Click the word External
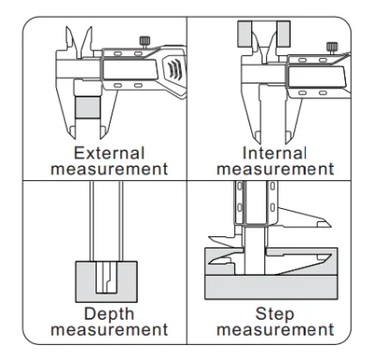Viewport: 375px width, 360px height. tap(109, 153)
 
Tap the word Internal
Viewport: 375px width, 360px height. tap(274, 153)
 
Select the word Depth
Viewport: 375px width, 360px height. tap(109, 314)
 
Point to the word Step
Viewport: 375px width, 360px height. tap(275, 314)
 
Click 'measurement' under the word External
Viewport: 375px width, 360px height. tap(110, 169)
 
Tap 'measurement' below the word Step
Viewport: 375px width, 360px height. tap(276, 330)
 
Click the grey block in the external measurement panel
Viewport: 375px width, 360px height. tap(88, 107)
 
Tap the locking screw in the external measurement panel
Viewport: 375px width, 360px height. tap(144, 42)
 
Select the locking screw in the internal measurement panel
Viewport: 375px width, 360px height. tap(332, 48)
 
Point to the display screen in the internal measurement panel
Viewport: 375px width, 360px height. tap(317, 77)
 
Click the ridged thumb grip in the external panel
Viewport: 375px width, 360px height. tap(174, 69)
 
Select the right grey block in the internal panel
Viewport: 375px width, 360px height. tap(283, 34)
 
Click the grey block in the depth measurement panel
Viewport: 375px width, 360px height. tap(106, 282)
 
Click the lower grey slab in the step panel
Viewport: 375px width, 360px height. tap(271, 287)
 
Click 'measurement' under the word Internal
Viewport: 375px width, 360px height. tap(276, 169)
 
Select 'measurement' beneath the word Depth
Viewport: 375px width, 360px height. tap(110, 330)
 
